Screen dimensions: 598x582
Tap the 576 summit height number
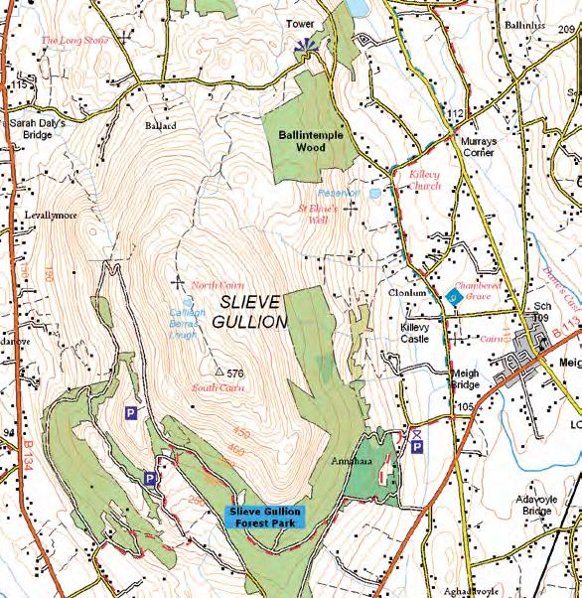(234, 374)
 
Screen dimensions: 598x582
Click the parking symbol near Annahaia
(417, 448)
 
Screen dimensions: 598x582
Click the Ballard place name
(160, 127)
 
